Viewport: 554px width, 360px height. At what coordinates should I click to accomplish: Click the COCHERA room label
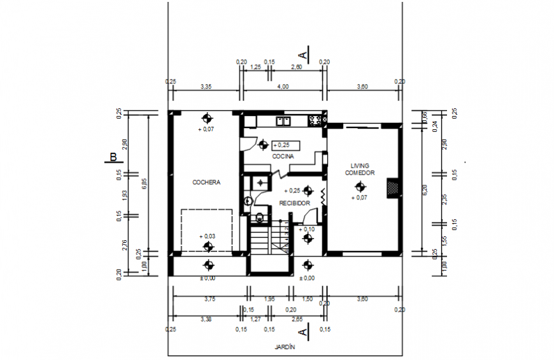pyautogui.click(x=206, y=182)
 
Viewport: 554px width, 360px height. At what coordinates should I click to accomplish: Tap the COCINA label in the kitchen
pyautogui.click(x=283, y=156)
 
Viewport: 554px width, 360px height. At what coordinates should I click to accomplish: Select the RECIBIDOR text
pyautogui.click(x=294, y=203)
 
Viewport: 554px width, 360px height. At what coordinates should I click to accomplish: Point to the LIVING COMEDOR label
pyautogui.click(x=360, y=169)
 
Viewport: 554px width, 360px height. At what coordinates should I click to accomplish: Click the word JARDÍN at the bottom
pyautogui.click(x=287, y=347)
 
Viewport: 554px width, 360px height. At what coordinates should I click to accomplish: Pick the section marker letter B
pyautogui.click(x=113, y=157)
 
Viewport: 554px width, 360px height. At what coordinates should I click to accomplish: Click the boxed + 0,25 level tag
pyautogui.click(x=285, y=145)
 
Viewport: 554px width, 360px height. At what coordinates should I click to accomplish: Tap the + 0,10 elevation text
pyautogui.click(x=307, y=229)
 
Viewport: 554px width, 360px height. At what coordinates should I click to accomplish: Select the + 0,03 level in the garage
pyautogui.click(x=207, y=236)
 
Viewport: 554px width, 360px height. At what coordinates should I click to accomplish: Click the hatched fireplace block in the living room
pyautogui.click(x=393, y=187)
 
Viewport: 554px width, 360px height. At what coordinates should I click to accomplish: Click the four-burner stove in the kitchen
pyautogui.click(x=315, y=119)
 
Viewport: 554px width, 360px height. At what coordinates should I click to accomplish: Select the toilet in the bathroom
pyautogui.click(x=258, y=217)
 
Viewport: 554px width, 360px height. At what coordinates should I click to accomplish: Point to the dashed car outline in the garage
pyautogui.click(x=208, y=229)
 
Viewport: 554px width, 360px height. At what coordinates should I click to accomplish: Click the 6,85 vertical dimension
pyautogui.click(x=145, y=183)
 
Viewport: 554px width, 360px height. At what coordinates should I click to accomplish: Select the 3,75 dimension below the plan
pyautogui.click(x=209, y=299)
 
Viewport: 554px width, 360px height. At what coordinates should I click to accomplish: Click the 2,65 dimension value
pyautogui.click(x=297, y=319)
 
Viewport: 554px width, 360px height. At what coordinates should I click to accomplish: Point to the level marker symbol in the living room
pyautogui.click(x=360, y=186)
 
